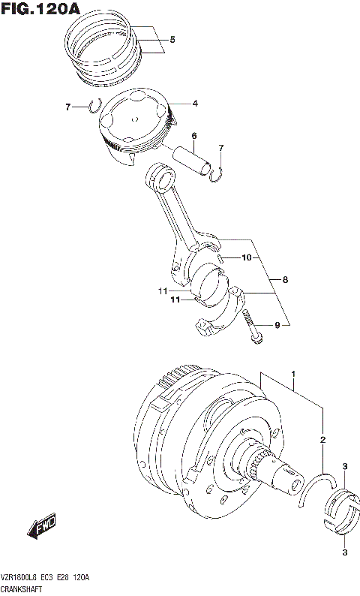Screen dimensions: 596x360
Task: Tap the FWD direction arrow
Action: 44,528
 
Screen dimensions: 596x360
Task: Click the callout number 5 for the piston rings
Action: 172,39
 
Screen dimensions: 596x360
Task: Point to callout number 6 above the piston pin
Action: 193,136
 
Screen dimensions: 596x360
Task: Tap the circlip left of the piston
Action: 94,107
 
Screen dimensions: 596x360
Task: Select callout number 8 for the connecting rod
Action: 284,280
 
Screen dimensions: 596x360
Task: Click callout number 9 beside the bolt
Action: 276,325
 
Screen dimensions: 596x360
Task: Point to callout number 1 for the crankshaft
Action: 293,373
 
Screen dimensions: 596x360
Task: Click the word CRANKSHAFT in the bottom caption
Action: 22,590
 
